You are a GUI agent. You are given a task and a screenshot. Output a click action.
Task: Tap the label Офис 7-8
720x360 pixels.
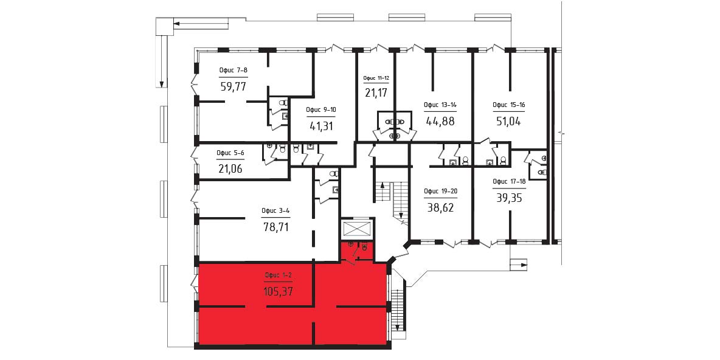234,71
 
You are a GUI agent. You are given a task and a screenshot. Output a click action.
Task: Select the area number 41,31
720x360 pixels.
320,125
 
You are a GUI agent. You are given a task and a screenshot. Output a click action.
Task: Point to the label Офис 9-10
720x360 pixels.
320,109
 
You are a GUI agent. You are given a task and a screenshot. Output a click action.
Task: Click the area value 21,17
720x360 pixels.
376,93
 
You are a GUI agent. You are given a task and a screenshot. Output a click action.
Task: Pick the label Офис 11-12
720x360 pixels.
376,78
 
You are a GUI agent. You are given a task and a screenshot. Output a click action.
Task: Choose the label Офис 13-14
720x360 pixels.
440,105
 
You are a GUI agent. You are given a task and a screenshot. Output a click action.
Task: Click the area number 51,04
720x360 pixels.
509,121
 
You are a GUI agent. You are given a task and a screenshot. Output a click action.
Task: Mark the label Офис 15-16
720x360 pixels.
509,105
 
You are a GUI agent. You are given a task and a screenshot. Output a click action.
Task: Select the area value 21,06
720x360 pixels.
230,168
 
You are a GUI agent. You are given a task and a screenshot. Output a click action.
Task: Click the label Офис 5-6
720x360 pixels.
230,153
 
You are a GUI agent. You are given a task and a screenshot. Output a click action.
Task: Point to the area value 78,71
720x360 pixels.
276,226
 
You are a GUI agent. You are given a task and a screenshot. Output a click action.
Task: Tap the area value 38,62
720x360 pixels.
440,207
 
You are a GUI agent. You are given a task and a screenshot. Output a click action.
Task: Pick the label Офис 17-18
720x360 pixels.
509,181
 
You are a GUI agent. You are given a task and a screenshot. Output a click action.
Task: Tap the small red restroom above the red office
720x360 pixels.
357,251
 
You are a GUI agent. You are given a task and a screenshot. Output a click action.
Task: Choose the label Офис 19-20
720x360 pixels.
440,192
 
